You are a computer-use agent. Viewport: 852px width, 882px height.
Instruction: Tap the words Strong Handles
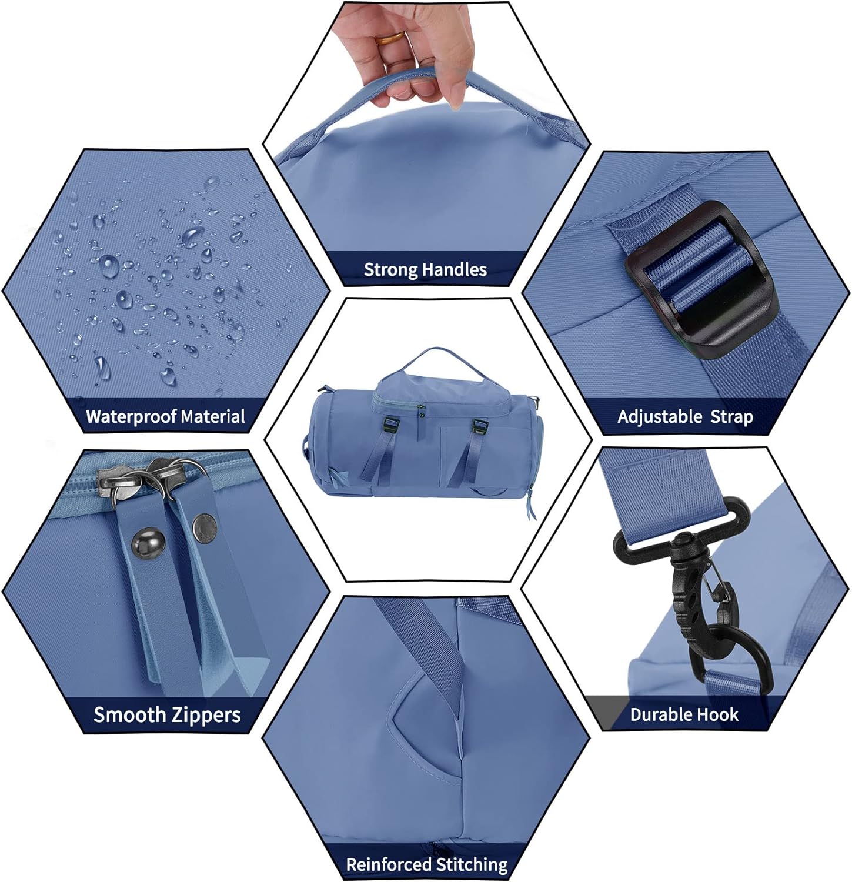(x=425, y=270)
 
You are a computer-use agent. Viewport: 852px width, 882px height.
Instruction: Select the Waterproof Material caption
(x=165, y=417)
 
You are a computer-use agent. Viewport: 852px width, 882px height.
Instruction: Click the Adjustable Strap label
(x=685, y=417)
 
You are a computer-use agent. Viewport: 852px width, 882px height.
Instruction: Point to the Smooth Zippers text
(x=167, y=715)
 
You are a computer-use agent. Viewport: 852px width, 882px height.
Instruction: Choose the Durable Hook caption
(x=684, y=714)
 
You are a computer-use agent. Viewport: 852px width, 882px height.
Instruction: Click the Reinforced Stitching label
(x=426, y=864)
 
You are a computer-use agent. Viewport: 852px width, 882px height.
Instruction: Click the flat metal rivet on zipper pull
(x=204, y=522)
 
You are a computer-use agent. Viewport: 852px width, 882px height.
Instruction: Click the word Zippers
(x=206, y=716)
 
